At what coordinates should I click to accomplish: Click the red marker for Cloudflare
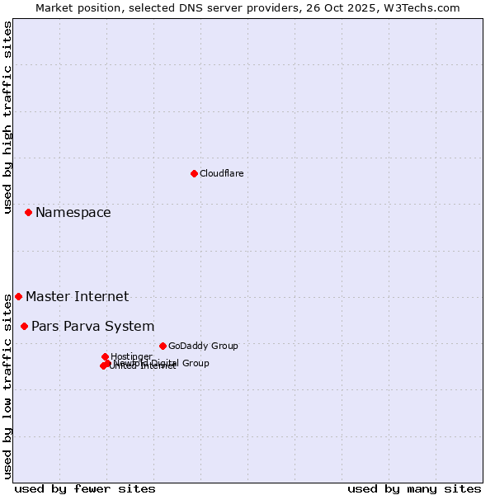point(194,173)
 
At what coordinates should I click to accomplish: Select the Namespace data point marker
point(28,212)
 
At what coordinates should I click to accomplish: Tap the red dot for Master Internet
point(18,296)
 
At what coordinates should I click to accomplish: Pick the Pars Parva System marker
point(24,326)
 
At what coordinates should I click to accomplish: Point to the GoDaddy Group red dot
point(163,346)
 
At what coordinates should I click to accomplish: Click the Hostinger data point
point(105,356)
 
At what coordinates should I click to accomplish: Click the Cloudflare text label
point(221,173)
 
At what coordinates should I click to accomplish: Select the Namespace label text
point(73,212)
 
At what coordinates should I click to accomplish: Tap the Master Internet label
point(77,296)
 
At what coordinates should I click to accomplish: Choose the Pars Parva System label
point(92,326)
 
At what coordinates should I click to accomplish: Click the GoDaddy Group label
point(202,346)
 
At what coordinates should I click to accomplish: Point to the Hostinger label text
point(131,356)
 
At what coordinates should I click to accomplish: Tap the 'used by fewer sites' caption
point(85,488)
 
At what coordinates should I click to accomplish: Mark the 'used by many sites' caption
point(414,488)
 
